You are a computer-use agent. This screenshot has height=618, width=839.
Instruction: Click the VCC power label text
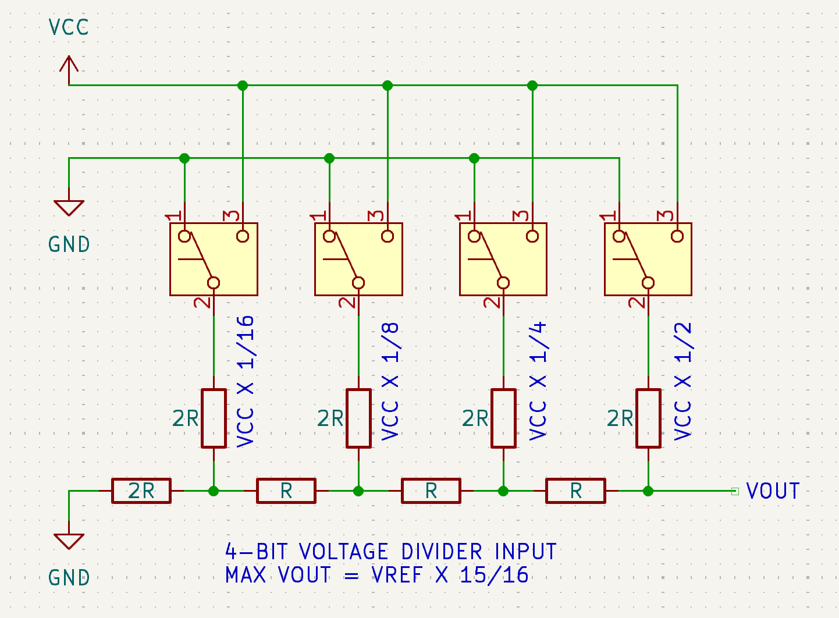click(69, 27)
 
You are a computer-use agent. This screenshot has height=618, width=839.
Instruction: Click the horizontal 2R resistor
click(141, 491)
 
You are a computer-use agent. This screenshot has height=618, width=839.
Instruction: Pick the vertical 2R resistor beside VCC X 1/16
click(214, 418)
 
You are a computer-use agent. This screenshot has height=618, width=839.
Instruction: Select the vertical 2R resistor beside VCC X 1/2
click(648, 418)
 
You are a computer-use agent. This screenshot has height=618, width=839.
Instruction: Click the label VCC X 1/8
click(390, 382)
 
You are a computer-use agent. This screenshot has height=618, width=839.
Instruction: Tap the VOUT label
click(773, 491)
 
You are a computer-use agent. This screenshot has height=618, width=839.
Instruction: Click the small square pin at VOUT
click(735, 491)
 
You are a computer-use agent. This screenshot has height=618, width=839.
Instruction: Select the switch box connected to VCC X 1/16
click(214, 259)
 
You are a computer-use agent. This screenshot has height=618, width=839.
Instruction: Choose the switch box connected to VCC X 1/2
click(648, 259)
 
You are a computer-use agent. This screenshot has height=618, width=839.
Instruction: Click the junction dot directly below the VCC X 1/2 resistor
click(648, 491)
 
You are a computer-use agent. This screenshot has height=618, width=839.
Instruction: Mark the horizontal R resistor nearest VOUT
click(575, 491)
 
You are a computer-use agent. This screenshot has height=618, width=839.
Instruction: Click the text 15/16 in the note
click(494, 575)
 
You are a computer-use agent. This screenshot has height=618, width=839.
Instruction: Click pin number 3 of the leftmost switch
click(233, 216)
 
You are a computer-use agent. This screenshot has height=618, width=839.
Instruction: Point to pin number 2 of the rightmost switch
click(638, 302)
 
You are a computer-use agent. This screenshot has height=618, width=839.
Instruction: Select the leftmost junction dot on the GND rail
click(184, 158)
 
